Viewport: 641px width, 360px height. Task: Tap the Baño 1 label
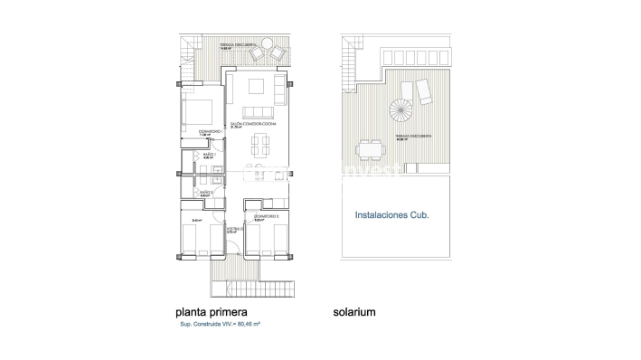click(210, 156)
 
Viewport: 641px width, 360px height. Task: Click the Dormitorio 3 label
click(266, 217)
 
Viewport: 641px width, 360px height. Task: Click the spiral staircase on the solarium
click(398, 112)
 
